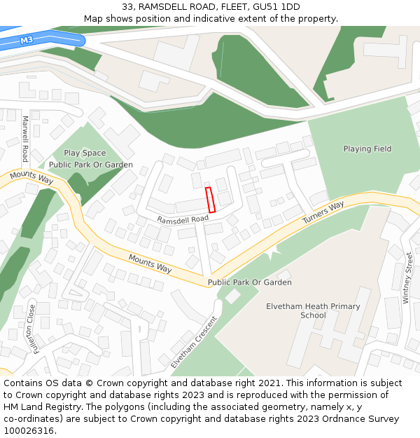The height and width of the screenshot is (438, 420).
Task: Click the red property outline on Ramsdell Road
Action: click(x=210, y=199)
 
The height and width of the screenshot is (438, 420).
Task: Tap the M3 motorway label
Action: click(x=27, y=41)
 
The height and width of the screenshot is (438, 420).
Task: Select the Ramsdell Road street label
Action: click(x=183, y=219)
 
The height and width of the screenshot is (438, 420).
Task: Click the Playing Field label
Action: click(x=367, y=149)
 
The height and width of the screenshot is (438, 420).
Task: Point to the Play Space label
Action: click(x=85, y=153)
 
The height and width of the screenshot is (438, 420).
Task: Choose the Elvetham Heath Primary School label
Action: click(x=313, y=310)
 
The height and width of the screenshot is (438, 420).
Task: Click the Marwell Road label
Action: click(x=25, y=138)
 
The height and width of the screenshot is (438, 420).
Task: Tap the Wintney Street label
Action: click(x=408, y=278)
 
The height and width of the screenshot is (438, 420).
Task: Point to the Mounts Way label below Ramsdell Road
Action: click(x=150, y=264)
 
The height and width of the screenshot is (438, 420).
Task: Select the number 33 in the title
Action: click(x=127, y=7)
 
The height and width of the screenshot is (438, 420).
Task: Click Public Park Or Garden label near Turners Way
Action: click(x=249, y=282)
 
